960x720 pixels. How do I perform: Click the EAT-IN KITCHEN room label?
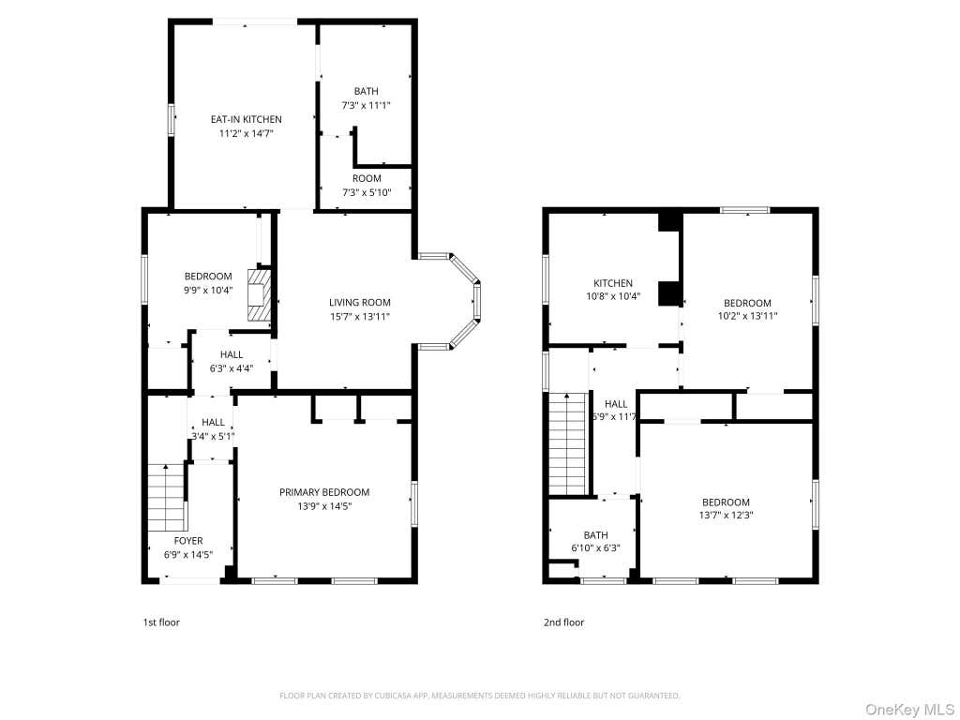tap(247, 119)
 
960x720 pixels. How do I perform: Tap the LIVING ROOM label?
tap(359, 303)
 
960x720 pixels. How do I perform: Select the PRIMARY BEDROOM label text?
tap(324, 492)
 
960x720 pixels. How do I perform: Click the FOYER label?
tap(187, 541)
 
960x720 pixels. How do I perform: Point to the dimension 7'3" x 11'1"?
tap(367, 105)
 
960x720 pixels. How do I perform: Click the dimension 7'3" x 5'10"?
tap(367, 193)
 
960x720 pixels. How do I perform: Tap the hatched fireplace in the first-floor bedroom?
tap(258, 295)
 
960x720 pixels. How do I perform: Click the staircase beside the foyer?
tap(166, 498)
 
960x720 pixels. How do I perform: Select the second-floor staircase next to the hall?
tap(568, 443)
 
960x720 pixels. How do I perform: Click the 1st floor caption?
tap(161, 622)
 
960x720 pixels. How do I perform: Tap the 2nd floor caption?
tap(563, 622)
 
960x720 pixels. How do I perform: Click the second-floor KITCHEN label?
tap(613, 283)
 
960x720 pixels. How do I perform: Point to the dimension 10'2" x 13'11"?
tap(747, 317)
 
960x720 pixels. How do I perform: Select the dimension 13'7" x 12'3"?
tap(726, 516)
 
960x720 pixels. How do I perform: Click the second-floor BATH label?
tap(595, 535)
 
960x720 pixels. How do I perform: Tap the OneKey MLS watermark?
tap(909, 711)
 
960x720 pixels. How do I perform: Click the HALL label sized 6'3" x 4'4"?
tap(232, 354)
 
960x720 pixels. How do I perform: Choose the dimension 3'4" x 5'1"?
tap(213, 437)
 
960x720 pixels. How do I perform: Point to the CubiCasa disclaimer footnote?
tap(479, 696)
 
